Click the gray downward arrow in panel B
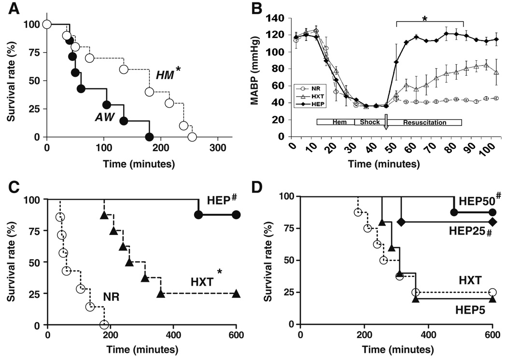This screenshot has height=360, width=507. click(x=386, y=123)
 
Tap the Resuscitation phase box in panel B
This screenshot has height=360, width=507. click(x=425, y=123)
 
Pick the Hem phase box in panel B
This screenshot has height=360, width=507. click(x=336, y=123)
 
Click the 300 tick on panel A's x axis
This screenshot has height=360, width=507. click(x=218, y=147)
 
